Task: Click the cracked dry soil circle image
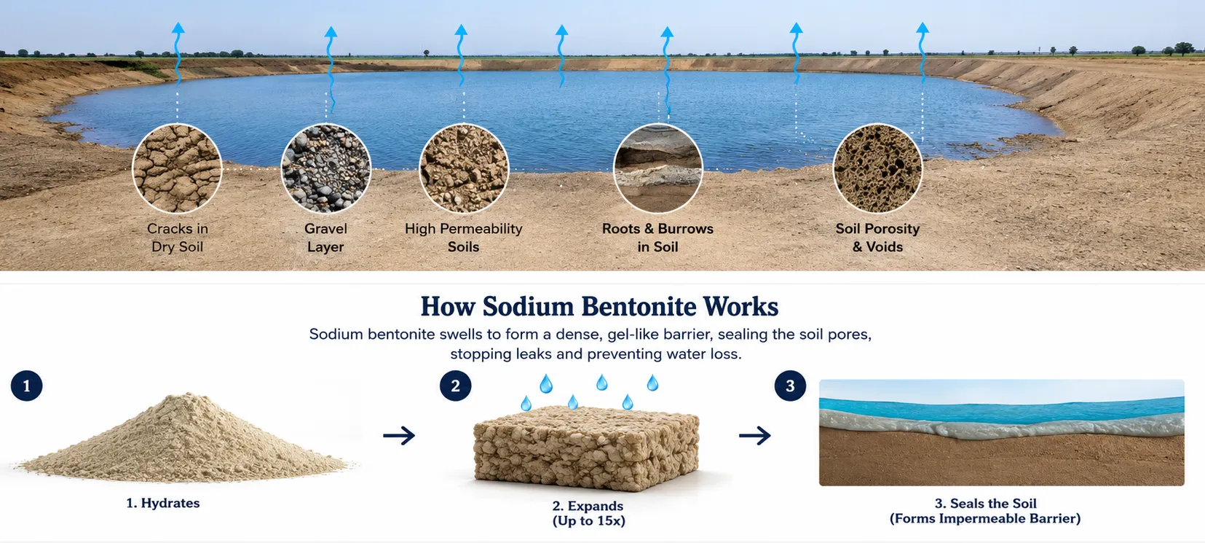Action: pos(177,168)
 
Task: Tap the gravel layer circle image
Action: pos(325,168)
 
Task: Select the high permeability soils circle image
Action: pos(464,168)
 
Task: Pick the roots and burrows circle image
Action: pos(658,168)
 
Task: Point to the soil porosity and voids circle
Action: pos(877,168)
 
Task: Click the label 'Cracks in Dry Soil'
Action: pos(178,238)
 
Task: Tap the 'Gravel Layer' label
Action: pos(325,238)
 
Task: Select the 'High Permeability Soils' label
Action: pos(464,238)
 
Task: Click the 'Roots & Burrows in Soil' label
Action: pos(657,238)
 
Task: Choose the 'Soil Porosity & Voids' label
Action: pos(877,238)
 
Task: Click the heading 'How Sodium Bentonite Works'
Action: pos(599,307)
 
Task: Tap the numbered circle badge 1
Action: pos(26,386)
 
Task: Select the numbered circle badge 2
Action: pos(456,386)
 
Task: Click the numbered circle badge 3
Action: pos(790,386)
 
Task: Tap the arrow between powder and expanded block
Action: pos(399,435)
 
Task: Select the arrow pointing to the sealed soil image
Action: pos(755,435)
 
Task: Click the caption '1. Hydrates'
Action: pos(163,503)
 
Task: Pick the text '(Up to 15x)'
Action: pos(589,521)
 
